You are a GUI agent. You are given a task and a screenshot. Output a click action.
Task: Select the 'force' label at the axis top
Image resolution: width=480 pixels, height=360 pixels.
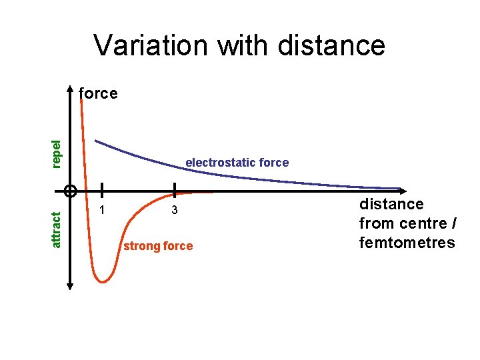click(98, 93)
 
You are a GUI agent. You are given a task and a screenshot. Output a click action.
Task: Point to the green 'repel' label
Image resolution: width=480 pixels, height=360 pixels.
click(57, 153)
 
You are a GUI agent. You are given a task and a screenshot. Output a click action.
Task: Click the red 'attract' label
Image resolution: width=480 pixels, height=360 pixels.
click(57, 229)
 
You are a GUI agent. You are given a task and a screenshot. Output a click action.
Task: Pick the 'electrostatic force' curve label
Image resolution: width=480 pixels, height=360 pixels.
click(237, 162)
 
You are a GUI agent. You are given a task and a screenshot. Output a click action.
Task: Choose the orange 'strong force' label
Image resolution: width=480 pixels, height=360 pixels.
click(158, 246)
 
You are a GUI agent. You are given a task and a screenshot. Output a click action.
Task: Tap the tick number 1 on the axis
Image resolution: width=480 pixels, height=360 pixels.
click(102, 211)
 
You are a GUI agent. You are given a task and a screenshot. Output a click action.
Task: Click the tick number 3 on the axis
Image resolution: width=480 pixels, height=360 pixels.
click(174, 211)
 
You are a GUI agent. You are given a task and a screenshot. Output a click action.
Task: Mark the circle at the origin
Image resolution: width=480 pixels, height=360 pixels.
click(70, 191)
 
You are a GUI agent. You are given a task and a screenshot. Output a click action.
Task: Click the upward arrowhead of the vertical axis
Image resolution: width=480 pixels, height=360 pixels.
click(70, 91)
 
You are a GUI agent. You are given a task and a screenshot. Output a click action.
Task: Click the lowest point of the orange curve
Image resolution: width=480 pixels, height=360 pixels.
click(102, 281)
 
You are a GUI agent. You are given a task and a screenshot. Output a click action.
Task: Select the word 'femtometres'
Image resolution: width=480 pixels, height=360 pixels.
click(407, 242)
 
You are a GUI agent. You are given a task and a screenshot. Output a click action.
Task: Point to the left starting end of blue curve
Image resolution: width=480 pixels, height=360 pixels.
click(96, 141)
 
